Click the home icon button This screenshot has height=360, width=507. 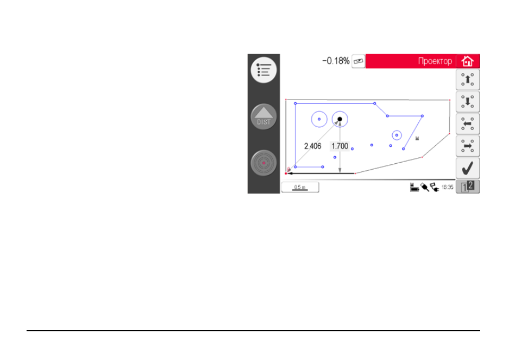pyautogui.click(x=468, y=61)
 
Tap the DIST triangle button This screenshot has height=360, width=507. pyautogui.click(x=264, y=116)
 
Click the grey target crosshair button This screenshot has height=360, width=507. pyautogui.click(x=264, y=163)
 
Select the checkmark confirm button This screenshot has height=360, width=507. pyautogui.click(x=468, y=168)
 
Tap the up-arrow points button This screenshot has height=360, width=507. pyautogui.click(x=468, y=80)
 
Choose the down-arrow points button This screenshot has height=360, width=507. pyautogui.click(x=468, y=102)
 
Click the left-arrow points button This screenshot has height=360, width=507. pyautogui.click(x=468, y=124)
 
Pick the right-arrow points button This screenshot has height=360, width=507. pyautogui.click(x=468, y=146)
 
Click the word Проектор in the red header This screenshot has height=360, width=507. pyautogui.click(x=435, y=61)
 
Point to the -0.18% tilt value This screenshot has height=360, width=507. pyautogui.click(x=336, y=61)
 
